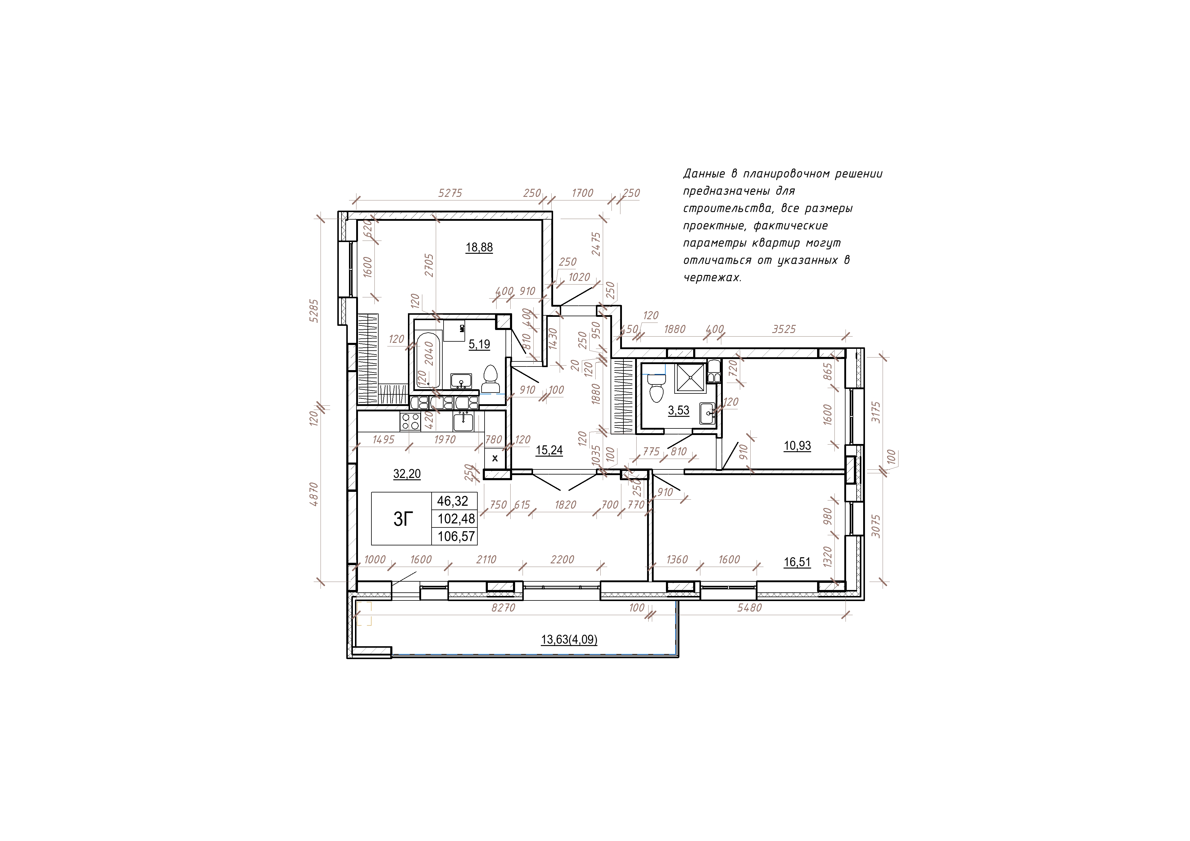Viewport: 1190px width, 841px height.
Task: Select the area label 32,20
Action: click(407, 474)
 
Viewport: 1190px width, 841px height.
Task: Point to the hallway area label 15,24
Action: click(549, 450)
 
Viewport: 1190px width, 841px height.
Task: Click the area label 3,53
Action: click(679, 410)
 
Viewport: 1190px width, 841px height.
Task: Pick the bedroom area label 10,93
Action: click(797, 446)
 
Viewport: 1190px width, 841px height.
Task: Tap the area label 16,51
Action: click(797, 562)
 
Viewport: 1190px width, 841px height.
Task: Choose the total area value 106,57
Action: click(456, 536)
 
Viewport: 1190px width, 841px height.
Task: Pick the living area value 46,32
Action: click(453, 501)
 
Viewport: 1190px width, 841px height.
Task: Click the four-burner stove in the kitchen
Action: click(410, 421)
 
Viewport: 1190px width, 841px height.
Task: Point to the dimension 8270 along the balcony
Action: click(503, 608)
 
